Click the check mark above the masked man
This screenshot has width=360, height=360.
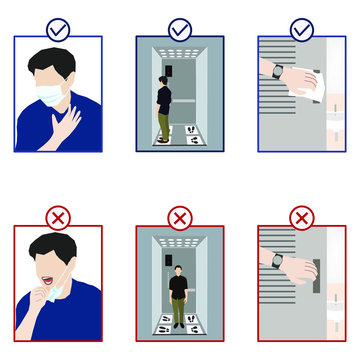pos(58,30)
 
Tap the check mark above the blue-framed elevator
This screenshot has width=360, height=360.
pos(180,30)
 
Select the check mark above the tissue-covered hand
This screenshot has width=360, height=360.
pos(301,30)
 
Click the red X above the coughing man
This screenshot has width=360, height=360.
pos(58,216)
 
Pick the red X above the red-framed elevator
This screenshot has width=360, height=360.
pos(180,216)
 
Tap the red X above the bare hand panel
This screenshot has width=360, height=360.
pos(301,216)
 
